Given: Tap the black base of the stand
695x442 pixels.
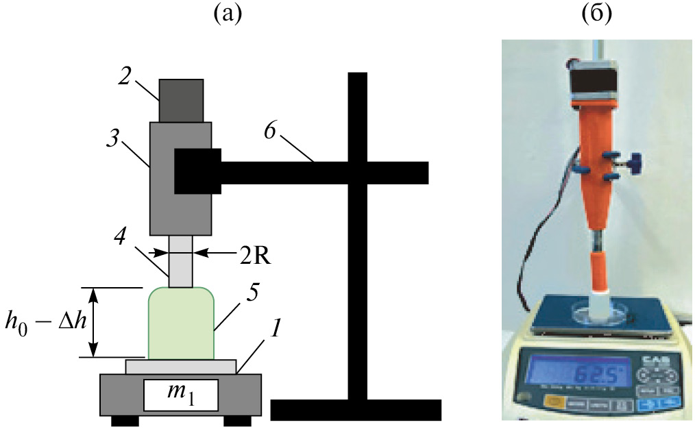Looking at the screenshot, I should [355, 409].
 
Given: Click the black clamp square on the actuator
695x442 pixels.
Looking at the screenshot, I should [197, 171].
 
